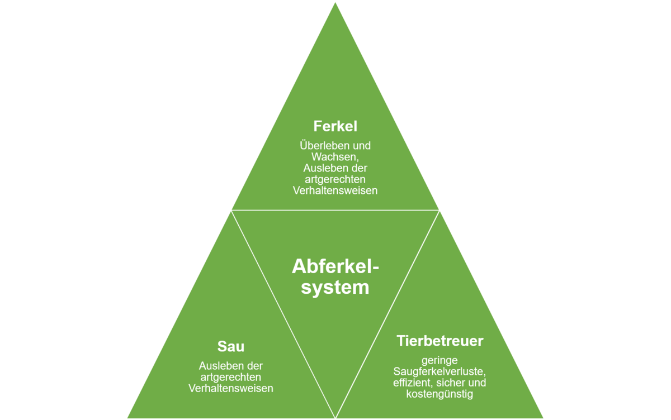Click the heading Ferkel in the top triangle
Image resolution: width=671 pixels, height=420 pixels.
tap(335, 126)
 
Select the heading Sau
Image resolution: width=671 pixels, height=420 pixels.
tap(230, 346)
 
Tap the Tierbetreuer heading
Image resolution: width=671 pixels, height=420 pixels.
tap(440, 341)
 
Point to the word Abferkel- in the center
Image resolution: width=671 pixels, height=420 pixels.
tap(335, 266)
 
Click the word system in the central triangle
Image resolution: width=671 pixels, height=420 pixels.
tap(335, 288)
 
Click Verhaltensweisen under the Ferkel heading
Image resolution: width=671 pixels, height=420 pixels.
tap(335, 190)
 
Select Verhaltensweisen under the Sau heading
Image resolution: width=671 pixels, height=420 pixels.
tap(230, 388)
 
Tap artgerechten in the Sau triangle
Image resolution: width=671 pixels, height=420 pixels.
tap(230, 378)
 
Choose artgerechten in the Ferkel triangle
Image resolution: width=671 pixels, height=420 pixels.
tap(335, 180)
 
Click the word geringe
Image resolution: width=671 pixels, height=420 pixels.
tap(440, 361)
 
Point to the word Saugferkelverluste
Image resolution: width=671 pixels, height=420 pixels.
tap(440, 371)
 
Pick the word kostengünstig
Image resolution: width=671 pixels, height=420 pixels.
tap(440, 394)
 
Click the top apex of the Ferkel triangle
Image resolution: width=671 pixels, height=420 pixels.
tap(335, 3)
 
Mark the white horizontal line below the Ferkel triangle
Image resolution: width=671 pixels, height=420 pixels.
tap(335, 210)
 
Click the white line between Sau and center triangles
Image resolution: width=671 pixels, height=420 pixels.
tap(283, 314)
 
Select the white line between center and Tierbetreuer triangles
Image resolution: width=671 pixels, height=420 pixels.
tap(388, 314)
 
